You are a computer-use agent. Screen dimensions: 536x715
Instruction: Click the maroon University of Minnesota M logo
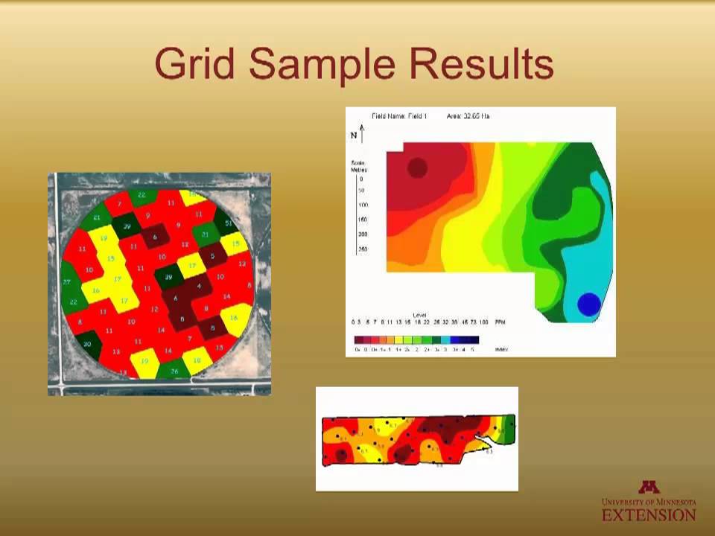tap(649, 488)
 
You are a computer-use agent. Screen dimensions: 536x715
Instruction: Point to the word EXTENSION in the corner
tap(649, 514)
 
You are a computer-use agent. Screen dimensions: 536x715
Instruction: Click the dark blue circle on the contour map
tap(588, 304)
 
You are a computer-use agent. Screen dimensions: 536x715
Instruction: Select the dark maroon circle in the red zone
tap(418, 167)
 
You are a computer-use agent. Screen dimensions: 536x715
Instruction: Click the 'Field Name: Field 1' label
tap(399, 116)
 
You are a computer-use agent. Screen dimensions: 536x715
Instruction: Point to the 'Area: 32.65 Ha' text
tap(468, 116)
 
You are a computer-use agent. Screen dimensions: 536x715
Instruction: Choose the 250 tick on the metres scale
tap(362, 249)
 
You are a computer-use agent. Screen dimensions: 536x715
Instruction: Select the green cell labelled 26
tap(174, 370)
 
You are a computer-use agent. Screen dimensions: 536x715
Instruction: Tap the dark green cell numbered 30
tap(88, 343)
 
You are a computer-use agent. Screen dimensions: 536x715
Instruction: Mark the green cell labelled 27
tap(68, 282)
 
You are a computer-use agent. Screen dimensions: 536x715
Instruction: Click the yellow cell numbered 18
tap(197, 360)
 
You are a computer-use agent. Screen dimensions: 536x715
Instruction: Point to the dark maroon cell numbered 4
tap(199, 286)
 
